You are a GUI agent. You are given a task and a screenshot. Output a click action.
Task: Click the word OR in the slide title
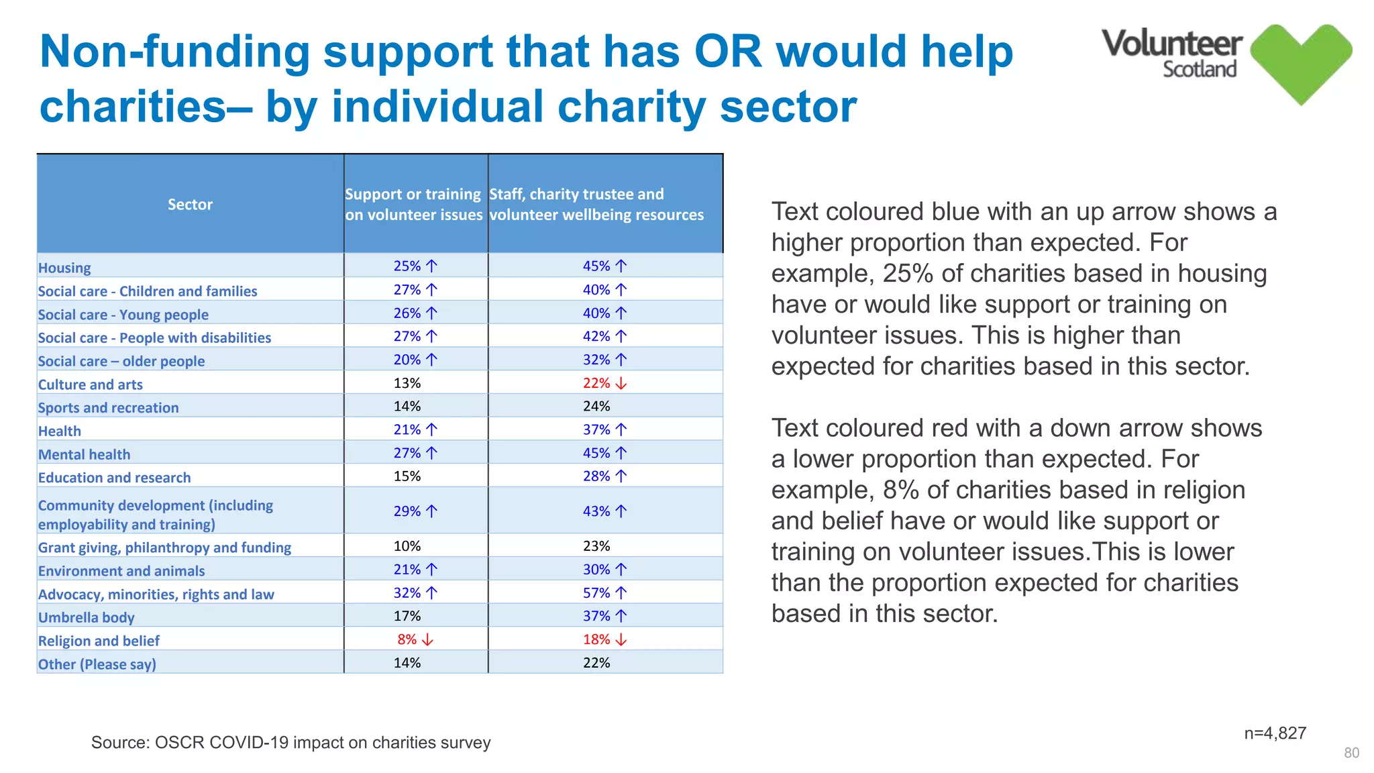pos(728,52)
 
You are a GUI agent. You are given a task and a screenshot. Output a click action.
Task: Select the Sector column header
pos(190,205)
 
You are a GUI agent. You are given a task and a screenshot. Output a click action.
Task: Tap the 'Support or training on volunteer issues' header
pos(414,205)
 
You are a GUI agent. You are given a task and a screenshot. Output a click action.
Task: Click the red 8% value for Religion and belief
pos(407,640)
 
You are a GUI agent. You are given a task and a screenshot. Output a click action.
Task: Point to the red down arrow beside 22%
pos(621,384)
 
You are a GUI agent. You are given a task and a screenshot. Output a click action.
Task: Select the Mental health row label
pos(85,455)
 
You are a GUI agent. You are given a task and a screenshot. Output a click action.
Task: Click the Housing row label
pos(64,268)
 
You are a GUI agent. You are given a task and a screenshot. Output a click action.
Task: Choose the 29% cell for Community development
pos(407,511)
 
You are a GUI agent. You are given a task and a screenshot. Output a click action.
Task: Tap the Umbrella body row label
pos(87,617)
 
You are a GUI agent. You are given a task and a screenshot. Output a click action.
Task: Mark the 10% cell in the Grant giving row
pos(407,546)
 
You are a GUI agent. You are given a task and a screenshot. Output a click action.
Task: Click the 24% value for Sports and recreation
pos(596,407)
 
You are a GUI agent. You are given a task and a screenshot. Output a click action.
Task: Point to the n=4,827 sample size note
pos(1275,733)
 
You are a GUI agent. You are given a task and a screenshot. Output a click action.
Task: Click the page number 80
pos(1351,754)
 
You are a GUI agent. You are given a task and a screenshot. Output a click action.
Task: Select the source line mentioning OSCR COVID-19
pos(290,743)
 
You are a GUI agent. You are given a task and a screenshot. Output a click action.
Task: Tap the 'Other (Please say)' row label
pos(97,664)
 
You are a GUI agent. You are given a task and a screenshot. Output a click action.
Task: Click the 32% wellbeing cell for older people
pos(596,360)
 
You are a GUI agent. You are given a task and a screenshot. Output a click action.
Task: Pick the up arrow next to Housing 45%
pos(621,266)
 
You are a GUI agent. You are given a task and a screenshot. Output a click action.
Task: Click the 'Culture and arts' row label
pos(91,384)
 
